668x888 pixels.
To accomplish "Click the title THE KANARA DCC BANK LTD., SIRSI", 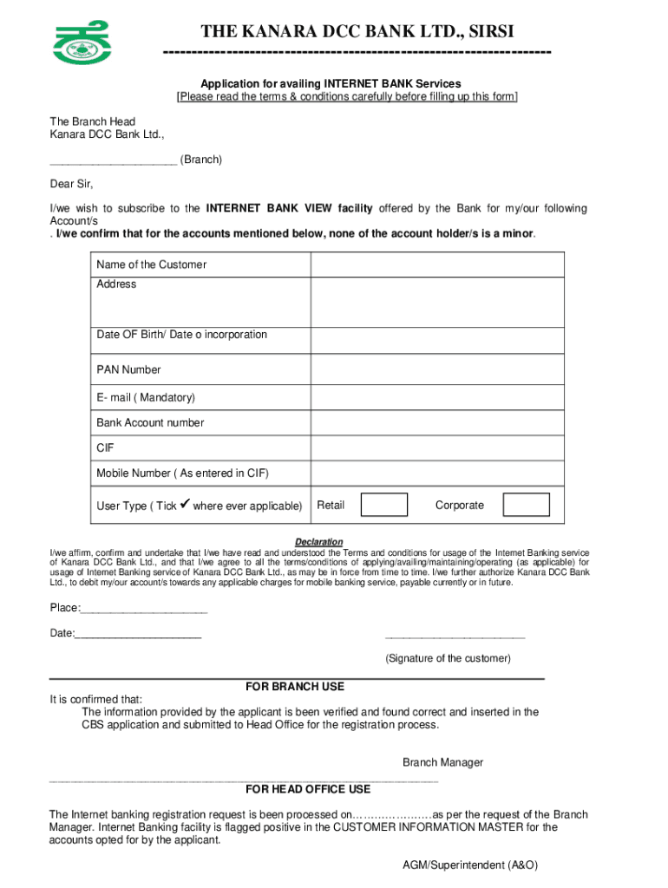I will tap(357, 32).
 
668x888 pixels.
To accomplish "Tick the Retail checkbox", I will tap(383, 505).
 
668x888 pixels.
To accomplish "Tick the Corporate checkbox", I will tap(527, 505).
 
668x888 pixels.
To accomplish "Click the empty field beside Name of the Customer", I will tap(437, 264).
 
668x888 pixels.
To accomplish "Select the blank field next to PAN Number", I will tap(437, 369).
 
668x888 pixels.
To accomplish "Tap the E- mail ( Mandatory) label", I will tap(146, 397).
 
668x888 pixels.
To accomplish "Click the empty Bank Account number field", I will tap(437, 422).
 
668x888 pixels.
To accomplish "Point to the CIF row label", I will tap(105, 448).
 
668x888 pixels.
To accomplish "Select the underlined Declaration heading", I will tap(318, 542).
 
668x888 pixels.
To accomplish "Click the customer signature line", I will tap(455, 637).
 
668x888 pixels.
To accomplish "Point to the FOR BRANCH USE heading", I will tap(295, 687).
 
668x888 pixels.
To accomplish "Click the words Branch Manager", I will tap(442, 762).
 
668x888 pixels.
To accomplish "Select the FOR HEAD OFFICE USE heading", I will tap(308, 789).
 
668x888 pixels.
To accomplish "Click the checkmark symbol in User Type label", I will tap(184, 504).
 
